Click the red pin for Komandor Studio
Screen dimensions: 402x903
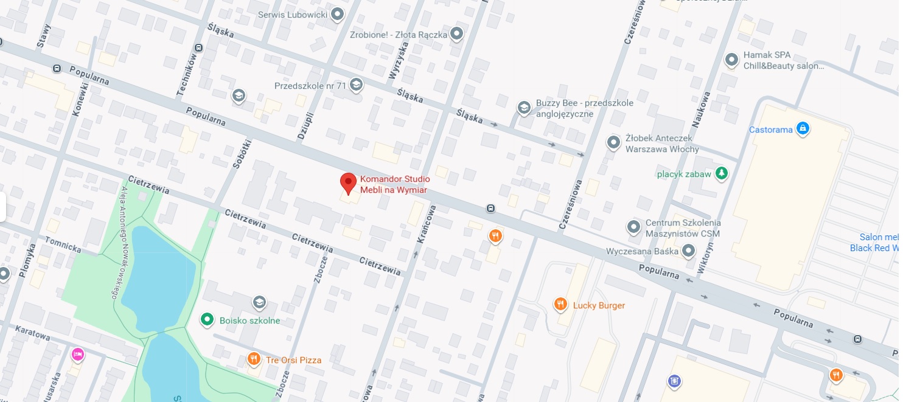point(347,182)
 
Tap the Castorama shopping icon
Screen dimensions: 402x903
point(803,129)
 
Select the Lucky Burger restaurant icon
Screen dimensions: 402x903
point(560,305)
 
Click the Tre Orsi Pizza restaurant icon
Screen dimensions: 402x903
point(254,359)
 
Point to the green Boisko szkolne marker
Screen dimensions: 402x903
point(207,319)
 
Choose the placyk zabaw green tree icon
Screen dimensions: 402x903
point(721,174)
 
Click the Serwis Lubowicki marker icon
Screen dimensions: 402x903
point(336,15)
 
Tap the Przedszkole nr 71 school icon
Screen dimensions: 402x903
point(356,85)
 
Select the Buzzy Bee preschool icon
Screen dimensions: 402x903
point(523,108)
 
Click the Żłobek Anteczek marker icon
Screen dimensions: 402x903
point(613,143)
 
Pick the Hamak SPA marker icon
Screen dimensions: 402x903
point(731,60)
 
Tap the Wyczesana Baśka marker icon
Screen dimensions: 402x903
point(688,251)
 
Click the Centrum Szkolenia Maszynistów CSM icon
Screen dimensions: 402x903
point(633,227)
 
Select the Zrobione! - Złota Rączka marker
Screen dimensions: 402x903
point(457,34)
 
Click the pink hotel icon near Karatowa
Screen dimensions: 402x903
point(77,354)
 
